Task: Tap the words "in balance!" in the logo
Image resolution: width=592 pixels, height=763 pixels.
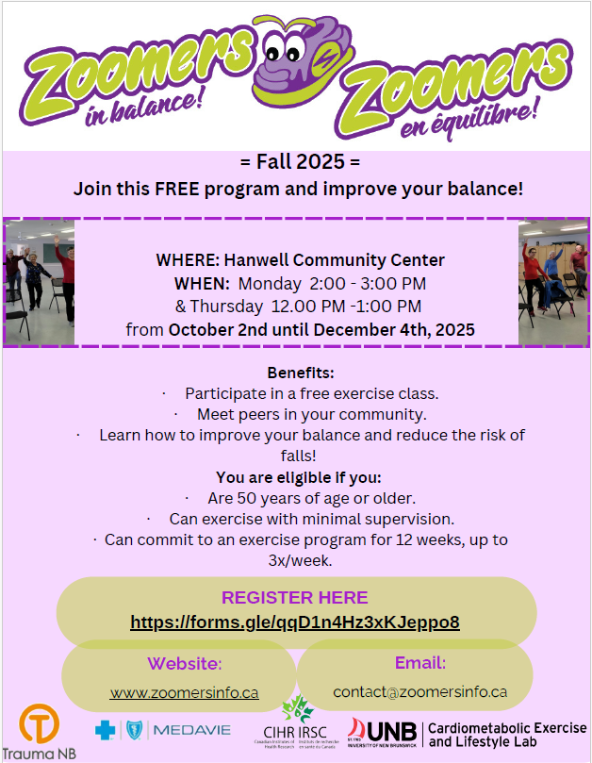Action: (x=143, y=108)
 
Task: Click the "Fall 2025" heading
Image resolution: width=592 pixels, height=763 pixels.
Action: (x=300, y=161)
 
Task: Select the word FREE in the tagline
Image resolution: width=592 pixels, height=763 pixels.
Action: (x=176, y=189)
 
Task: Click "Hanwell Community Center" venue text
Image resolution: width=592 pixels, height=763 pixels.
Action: (x=335, y=260)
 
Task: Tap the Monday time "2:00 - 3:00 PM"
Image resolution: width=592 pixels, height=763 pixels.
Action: (x=368, y=283)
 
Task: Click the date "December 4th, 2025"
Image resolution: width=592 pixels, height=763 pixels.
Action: (x=397, y=330)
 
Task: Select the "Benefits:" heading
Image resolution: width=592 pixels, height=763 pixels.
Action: (x=301, y=373)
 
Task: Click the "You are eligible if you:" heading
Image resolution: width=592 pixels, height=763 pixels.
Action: (x=299, y=477)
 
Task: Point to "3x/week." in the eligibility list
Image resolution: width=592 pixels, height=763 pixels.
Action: (x=300, y=560)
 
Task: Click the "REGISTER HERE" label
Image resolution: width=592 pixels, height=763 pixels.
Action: (x=295, y=598)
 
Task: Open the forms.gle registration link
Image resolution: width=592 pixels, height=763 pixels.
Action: (x=295, y=622)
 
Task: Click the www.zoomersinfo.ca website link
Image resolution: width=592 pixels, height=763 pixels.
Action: (x=185, y=692)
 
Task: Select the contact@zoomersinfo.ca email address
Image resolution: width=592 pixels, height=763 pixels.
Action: (x=419, y=691)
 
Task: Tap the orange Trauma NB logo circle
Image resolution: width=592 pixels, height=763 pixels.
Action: (x=39, y=724)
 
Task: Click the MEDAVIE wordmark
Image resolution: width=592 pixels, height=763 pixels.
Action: (x=192, y=730)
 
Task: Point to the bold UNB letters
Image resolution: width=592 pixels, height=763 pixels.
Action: (x=392, y=732)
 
